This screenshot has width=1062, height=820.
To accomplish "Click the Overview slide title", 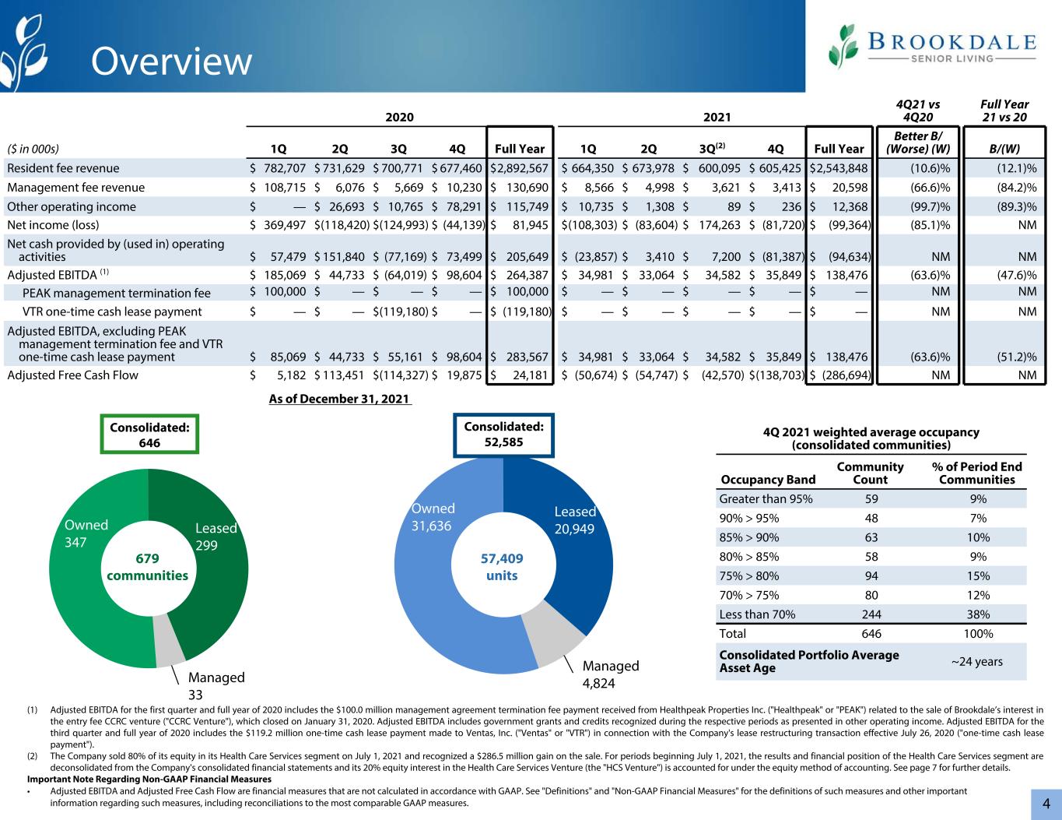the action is coord(171,62).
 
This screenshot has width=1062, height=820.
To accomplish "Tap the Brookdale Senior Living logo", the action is coord(932,47).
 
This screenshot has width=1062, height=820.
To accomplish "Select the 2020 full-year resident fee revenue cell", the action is coord(520,168).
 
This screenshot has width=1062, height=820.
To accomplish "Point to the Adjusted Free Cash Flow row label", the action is coord(72,375).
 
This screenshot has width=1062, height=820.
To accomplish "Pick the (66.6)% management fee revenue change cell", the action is coord(930,187).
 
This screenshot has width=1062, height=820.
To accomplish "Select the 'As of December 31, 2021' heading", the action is coord(339,399).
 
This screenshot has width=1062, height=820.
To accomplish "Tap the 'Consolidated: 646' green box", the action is coord(149,435).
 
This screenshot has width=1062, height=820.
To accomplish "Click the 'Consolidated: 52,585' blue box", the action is coord(503,435).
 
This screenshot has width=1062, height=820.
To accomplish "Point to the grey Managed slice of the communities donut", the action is coord(168,642).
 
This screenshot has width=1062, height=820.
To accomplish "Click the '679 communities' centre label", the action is coord(147,567).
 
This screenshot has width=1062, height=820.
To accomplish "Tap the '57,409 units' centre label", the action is coord(502,567).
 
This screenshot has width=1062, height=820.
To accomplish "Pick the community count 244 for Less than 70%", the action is coord(871,614).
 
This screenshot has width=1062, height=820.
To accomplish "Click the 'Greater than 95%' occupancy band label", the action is coord(766,498).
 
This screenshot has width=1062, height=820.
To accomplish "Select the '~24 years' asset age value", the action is coord(976,662).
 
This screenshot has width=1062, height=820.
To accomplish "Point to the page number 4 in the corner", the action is coord(1046,804).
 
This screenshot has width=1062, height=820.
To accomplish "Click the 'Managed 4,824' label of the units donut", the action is coord(611,674).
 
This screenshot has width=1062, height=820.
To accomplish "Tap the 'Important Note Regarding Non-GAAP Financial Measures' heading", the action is coord(149,779).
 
